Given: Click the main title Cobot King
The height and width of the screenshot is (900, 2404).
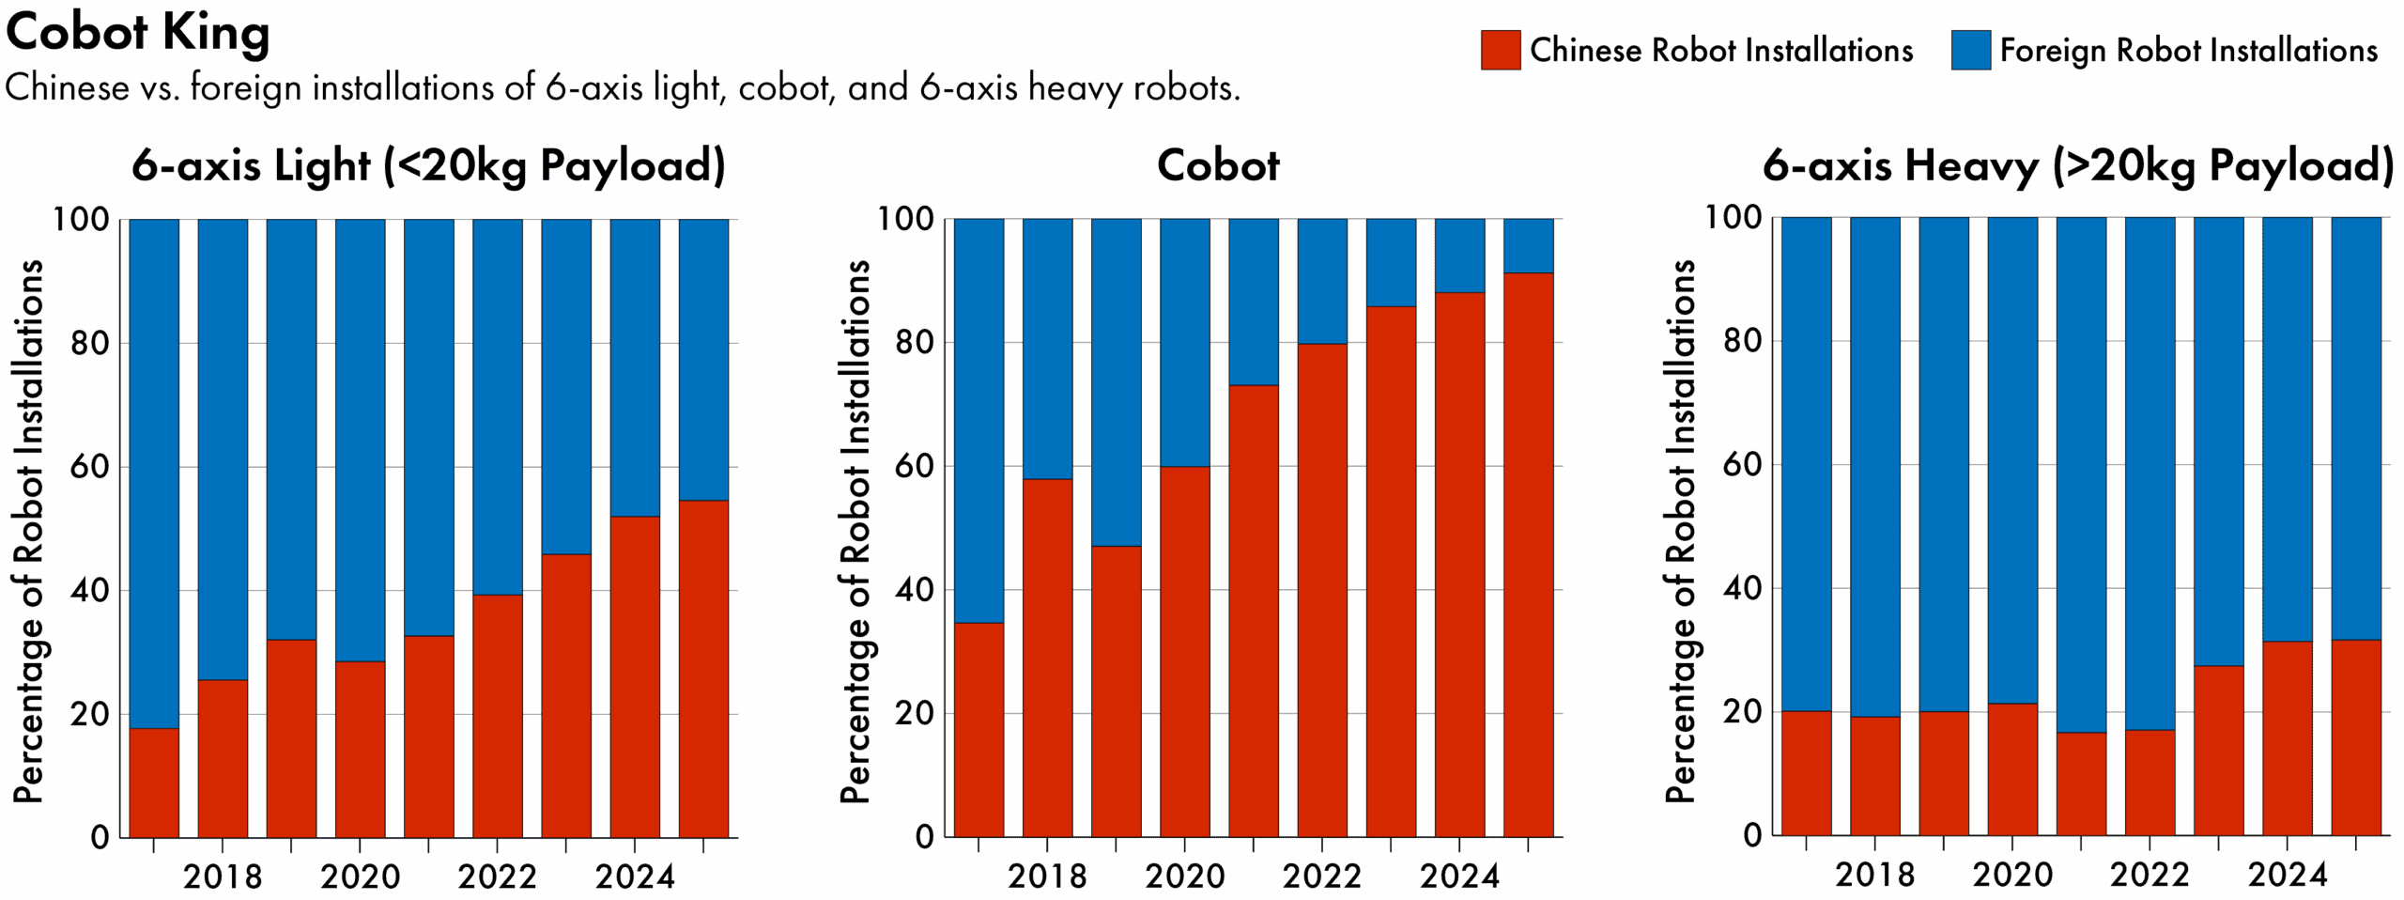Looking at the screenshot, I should [x=138, y=33].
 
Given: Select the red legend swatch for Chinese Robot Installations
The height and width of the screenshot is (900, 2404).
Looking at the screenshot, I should [x=1500, y=50].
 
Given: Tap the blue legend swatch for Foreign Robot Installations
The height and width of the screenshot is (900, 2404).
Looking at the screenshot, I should [x=1970, y=50].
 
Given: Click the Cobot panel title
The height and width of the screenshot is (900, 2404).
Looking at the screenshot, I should [x=1217, y=166].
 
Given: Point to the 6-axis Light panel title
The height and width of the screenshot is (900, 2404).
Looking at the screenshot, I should [x=428, y=166].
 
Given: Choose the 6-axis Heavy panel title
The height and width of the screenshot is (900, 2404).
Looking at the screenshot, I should [x=2077, y=166].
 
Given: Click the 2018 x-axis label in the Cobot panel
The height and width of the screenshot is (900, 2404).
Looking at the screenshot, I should [x=1047, y=877].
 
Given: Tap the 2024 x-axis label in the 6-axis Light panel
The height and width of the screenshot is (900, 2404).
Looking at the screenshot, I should [x=635, y=877].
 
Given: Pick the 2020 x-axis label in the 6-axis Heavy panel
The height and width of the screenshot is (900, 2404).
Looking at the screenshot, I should [x=2011, y=875].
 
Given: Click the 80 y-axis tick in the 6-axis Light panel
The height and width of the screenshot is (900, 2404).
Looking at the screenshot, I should [x=89, y=343].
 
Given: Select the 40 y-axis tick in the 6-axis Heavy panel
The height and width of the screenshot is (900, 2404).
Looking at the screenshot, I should [x=1743, y=589].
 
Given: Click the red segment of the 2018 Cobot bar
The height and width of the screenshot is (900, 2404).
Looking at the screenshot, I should [x=1047, y=658].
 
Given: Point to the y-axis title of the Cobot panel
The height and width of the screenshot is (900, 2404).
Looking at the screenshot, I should [x=855, y=531].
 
